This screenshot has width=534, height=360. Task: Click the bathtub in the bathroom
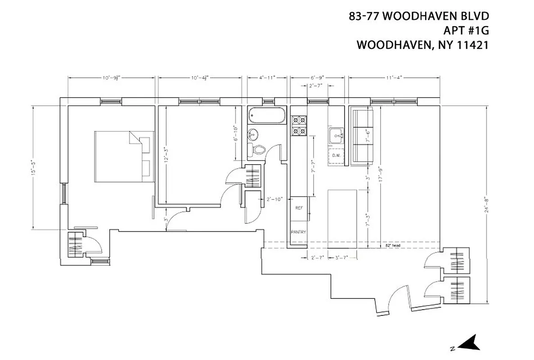tap(266, 117)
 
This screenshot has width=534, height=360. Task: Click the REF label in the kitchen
tap(299, 208)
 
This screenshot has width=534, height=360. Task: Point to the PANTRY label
tap(298, 232)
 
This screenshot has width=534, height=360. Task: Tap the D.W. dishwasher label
tap(336, 155)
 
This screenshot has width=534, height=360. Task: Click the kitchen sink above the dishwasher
tap(336, 134)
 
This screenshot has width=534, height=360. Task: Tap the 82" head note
tap(393, 246)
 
